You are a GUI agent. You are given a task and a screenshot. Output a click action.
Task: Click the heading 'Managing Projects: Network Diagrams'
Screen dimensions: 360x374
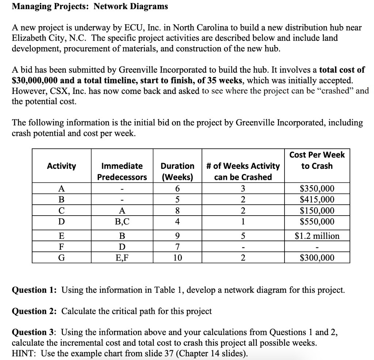pos(90,6)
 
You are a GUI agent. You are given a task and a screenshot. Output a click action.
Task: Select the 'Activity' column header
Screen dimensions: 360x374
pos(61,166)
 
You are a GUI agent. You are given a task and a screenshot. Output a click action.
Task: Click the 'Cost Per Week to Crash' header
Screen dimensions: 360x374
pos(317,160)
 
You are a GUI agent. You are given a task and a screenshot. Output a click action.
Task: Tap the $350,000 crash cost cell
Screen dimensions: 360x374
pos(317,189)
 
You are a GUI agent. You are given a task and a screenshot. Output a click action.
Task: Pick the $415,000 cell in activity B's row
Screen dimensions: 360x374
pos(317,200)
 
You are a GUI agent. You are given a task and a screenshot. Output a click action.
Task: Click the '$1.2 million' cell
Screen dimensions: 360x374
pos(317,236)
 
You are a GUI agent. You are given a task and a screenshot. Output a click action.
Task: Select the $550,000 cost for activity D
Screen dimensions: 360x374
pos(317,221)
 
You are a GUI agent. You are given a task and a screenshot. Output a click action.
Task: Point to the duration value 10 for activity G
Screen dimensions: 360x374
pos(178,258)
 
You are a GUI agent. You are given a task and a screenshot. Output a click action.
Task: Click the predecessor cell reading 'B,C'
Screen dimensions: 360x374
pos(122,221)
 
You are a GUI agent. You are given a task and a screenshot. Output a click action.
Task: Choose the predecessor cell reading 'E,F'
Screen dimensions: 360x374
pos(122,258)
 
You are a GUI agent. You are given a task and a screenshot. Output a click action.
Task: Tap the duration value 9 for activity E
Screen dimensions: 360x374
pos(178,236)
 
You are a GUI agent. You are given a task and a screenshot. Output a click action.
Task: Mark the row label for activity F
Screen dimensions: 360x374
pos(61,247)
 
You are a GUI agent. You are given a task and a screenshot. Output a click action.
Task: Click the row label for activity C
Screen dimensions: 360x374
pos(61,211)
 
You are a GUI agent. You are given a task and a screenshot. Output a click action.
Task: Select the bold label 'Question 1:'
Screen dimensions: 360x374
pos(34,290)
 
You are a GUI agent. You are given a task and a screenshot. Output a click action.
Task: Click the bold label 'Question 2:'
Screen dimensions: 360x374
pos(34,311)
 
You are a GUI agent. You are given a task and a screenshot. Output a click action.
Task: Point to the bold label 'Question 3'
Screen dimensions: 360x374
pos(34,332)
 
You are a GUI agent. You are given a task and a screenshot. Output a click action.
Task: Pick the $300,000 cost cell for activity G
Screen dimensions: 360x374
pos(317,258)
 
